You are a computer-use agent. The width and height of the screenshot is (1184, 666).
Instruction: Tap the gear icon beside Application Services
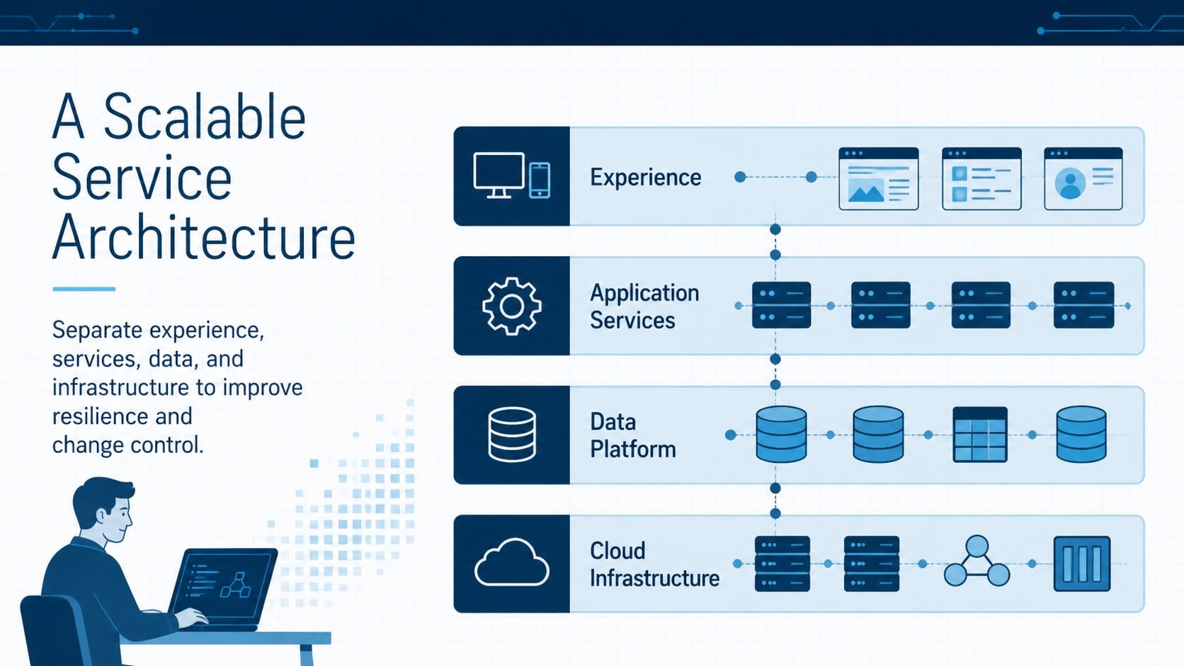point(512,306)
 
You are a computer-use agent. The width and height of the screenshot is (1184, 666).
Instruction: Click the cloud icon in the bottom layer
point(512,563)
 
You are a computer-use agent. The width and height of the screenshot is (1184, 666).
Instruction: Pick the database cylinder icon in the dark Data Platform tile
point(512,435)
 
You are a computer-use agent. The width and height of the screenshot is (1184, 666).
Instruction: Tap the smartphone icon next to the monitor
point(540,180)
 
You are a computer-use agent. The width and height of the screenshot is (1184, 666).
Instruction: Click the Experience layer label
point(645,178)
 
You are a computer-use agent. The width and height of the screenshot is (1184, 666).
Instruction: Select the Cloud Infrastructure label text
point(654,565)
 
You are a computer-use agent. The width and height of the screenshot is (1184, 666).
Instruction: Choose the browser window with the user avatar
point(1083,178)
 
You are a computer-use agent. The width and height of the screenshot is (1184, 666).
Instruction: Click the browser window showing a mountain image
point(879,178)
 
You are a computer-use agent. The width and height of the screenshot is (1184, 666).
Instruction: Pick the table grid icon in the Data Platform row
point(980,435)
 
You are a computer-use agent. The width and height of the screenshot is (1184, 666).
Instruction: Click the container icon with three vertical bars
point(1082,563)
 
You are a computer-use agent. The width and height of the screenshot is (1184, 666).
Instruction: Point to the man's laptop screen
point(224,585)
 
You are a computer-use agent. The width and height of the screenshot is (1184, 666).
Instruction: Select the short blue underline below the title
point(84,289)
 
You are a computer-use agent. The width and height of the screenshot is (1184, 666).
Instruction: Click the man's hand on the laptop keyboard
point(190,617)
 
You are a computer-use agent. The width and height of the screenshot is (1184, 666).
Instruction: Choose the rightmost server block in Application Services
point(1083,305)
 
